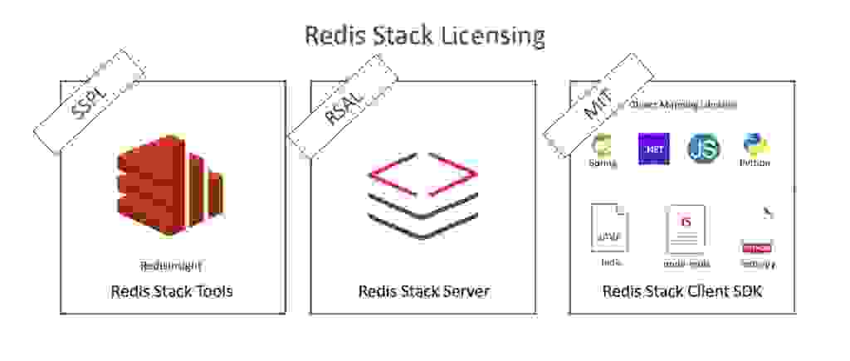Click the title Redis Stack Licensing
coord(424,36)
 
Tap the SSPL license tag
coord(89,102)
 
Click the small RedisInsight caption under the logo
coord(171,266)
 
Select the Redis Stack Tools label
coord(172,291)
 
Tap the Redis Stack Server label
coord(423,291)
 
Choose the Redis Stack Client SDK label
coord(681,291)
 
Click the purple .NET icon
coord(654,149)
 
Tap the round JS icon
coord(703,148)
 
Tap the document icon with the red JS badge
coord(686,229)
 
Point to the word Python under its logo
coord(755,163)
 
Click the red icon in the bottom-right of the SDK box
coord(756,247)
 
